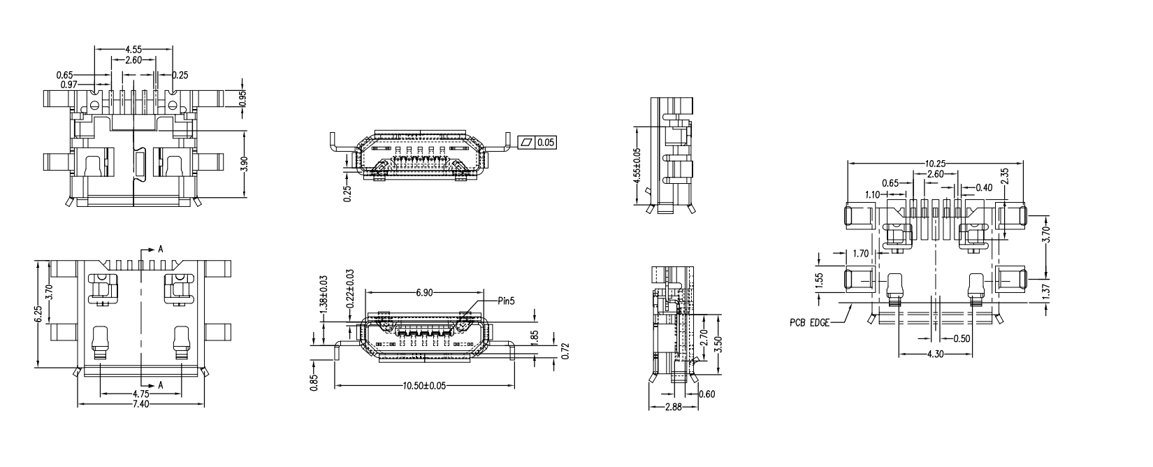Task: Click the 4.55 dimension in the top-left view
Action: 134,50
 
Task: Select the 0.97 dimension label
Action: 68,84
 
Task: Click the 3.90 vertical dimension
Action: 243,163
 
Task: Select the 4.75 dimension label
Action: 142,394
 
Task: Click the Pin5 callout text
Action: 506,301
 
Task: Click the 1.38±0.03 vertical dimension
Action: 324,294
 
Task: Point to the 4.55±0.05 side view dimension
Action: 637,165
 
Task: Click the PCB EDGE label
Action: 811,323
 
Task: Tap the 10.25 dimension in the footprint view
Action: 936,163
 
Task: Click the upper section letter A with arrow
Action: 160,250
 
